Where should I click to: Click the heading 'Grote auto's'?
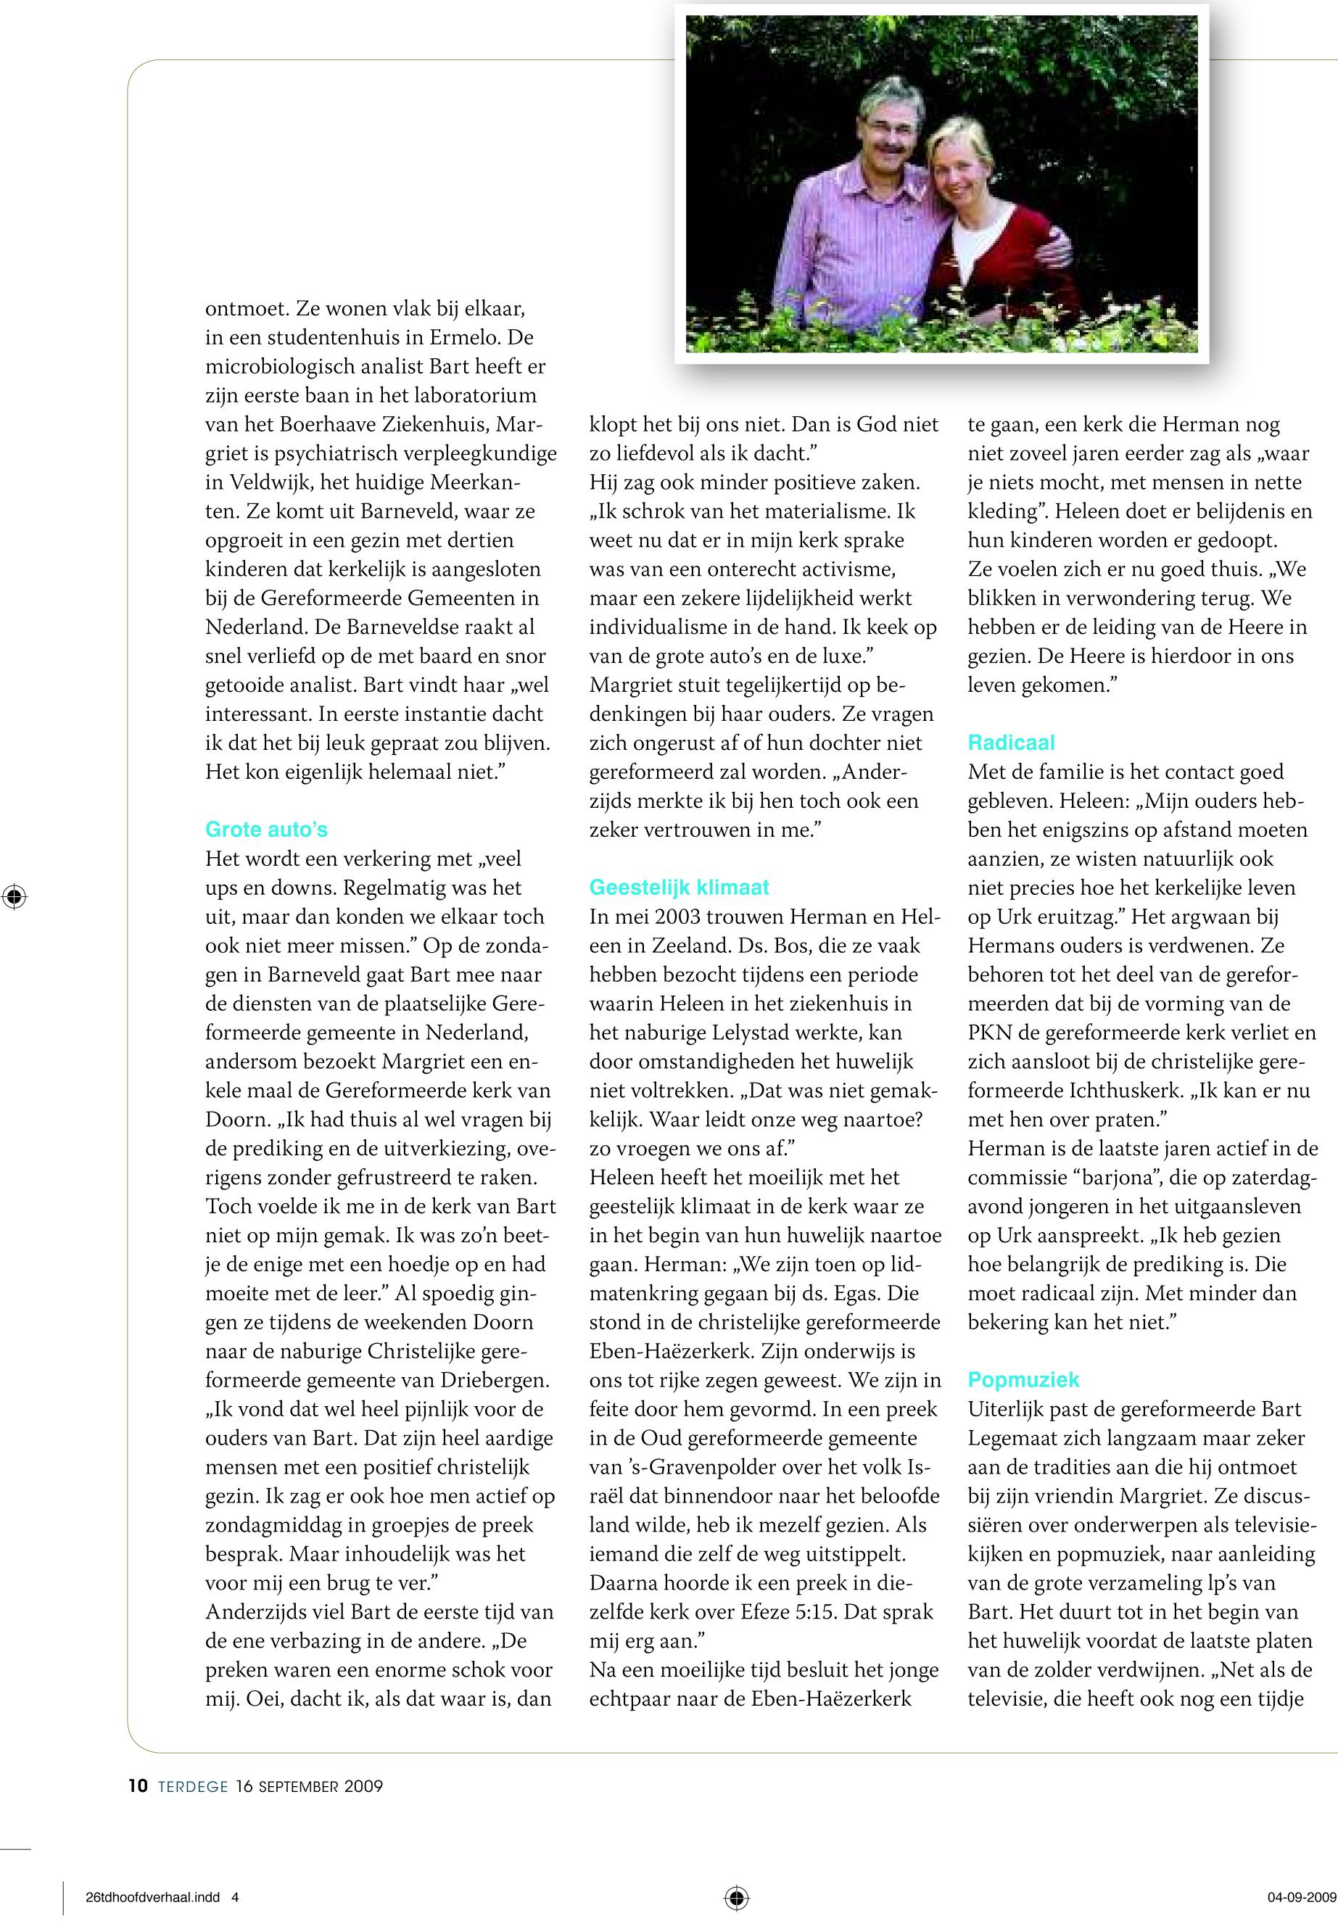265,829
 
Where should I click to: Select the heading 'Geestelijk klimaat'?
679,887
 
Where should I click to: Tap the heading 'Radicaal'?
1011,742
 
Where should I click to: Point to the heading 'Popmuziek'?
1023,1379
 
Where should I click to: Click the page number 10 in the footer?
139,1785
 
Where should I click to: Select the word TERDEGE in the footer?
193,1786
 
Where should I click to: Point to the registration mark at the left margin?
15,897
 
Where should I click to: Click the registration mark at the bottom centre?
736,1897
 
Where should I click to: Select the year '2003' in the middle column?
687,917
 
